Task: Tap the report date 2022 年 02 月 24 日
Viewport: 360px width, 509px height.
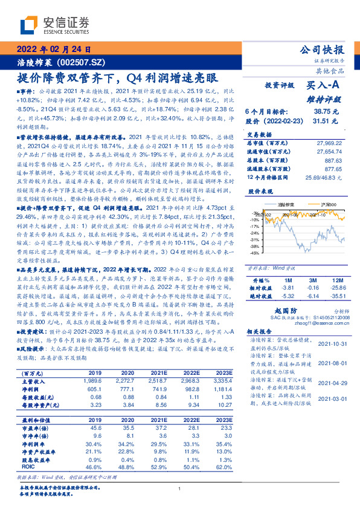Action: pyautogui.click(x=54, y=49)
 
